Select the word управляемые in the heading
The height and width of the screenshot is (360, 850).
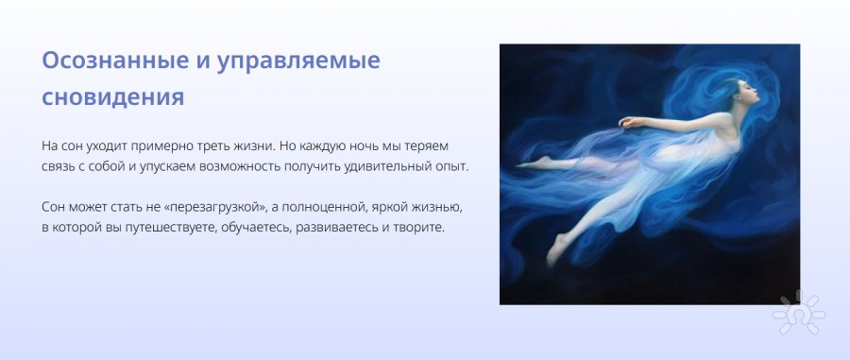pyautogui.click(x=298, y=61)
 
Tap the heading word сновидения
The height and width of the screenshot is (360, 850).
pyautogui.click(x=112, y=97)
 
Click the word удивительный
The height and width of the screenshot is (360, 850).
pyautogui.click(x=379, y=166)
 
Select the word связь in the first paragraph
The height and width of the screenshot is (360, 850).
pyautogui.click(x=58, y=166)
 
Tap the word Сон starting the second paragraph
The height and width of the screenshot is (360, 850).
pyautogui.click(x=53, y=207)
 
